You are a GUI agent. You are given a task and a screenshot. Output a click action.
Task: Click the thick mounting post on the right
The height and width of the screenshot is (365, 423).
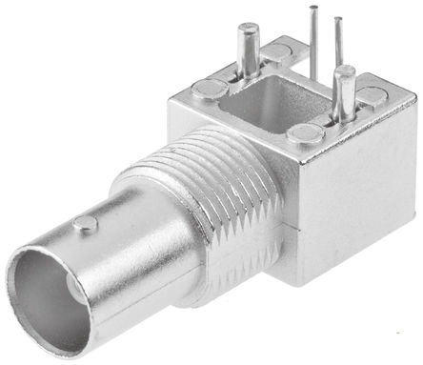tap(344, 95)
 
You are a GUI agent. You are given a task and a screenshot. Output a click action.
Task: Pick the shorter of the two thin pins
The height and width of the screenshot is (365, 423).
tap(336, 43)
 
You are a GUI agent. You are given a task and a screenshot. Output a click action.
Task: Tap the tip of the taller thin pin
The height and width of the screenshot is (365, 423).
tap(313, 8)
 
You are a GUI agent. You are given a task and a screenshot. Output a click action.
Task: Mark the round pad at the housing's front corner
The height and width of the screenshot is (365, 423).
tap(307, 133)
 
